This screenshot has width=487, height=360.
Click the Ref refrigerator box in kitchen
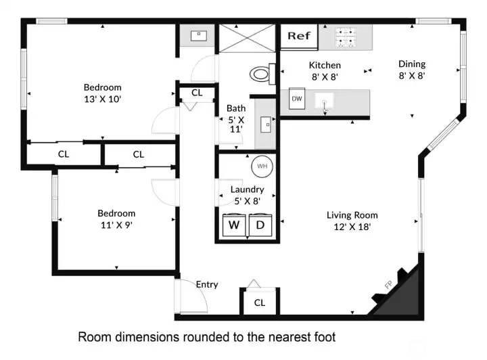[298, 36]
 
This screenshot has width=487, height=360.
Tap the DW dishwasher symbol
[296, 99]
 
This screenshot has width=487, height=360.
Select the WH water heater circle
[261, 166]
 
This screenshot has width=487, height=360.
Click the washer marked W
[234, 224]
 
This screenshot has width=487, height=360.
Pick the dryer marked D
[260, 224]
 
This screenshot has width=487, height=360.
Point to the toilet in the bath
[261, 72]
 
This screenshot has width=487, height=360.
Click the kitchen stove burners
[346, 37]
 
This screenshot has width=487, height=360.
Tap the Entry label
[207, 284]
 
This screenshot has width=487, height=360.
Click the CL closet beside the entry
[260, 302]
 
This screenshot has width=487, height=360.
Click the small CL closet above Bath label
[197, 93]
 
